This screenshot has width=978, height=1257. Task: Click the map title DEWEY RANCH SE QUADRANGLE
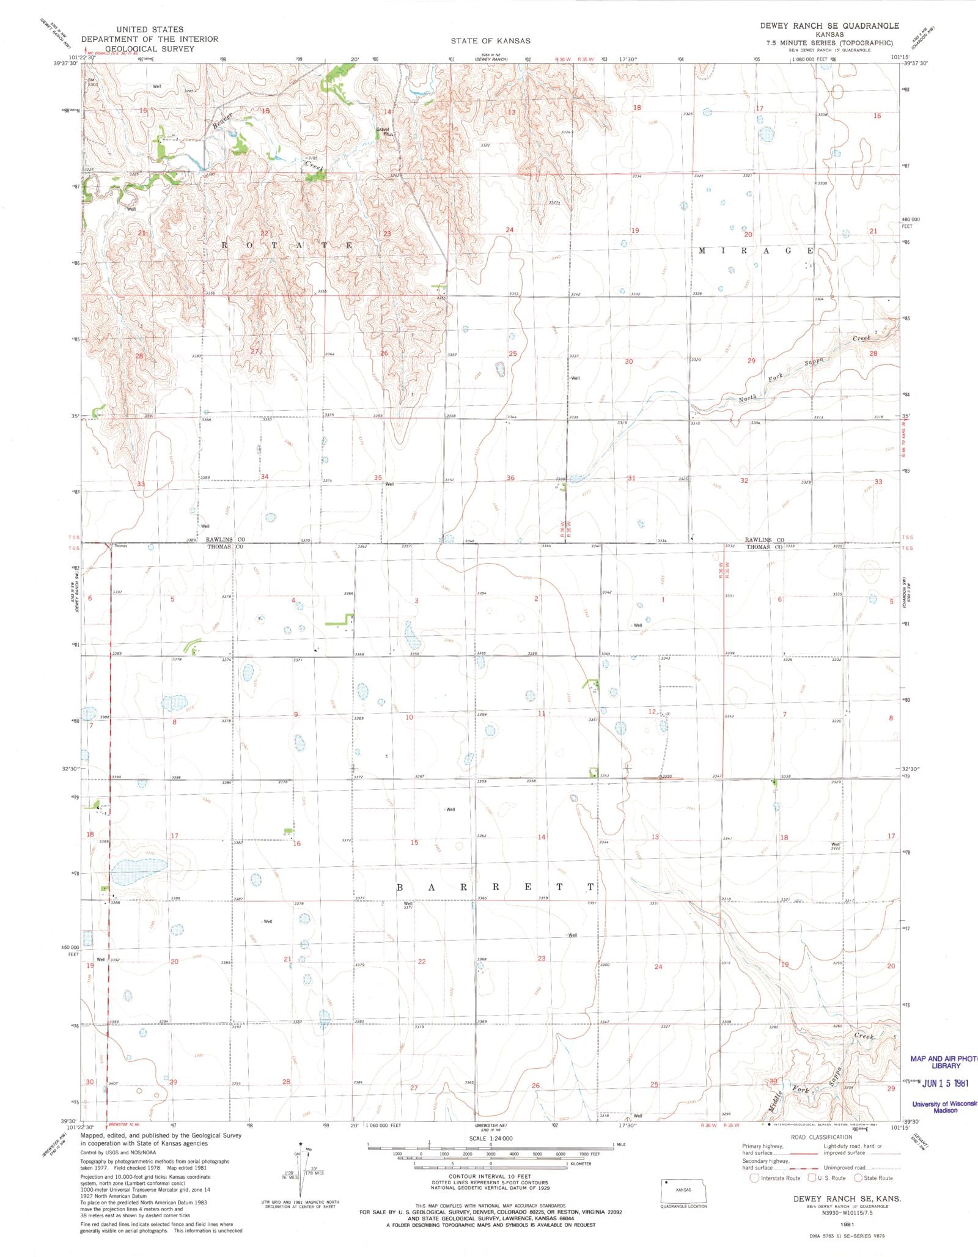tap(829, 26)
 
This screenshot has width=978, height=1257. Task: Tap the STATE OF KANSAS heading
tap(490, 41)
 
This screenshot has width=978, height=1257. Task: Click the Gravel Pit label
tap(383, 131)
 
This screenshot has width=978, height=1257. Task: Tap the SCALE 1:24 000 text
tap(490, 1138)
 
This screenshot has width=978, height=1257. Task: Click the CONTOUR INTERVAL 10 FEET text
tap(490, 1176)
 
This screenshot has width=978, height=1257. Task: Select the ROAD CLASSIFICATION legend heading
tap(822, 1137)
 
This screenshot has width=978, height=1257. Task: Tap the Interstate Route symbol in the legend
tap(754, 1178)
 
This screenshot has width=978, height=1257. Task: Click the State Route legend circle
tap(858, 1178)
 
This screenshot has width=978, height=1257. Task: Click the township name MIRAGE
tap(756, 251)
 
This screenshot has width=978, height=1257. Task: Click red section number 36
tap(510, 478)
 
